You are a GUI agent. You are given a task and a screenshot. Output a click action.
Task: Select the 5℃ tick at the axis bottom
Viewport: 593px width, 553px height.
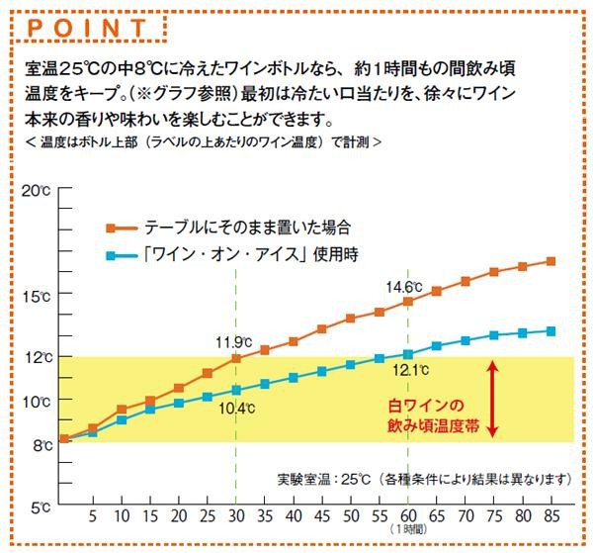pyautogui.click(x=40, y=507)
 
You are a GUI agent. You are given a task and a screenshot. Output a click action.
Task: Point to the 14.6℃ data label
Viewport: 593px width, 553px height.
pyautogui.click(x=404, y=287)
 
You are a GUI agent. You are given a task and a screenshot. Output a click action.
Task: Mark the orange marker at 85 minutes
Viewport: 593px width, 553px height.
pyautogui.click(x=551, y=262)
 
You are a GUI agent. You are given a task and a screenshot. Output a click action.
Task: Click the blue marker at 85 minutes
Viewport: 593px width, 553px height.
pyautogui.click(x=551, y=331)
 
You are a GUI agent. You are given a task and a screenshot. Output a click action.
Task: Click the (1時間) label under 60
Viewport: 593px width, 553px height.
pyautogui.click(x=408, y=530)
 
